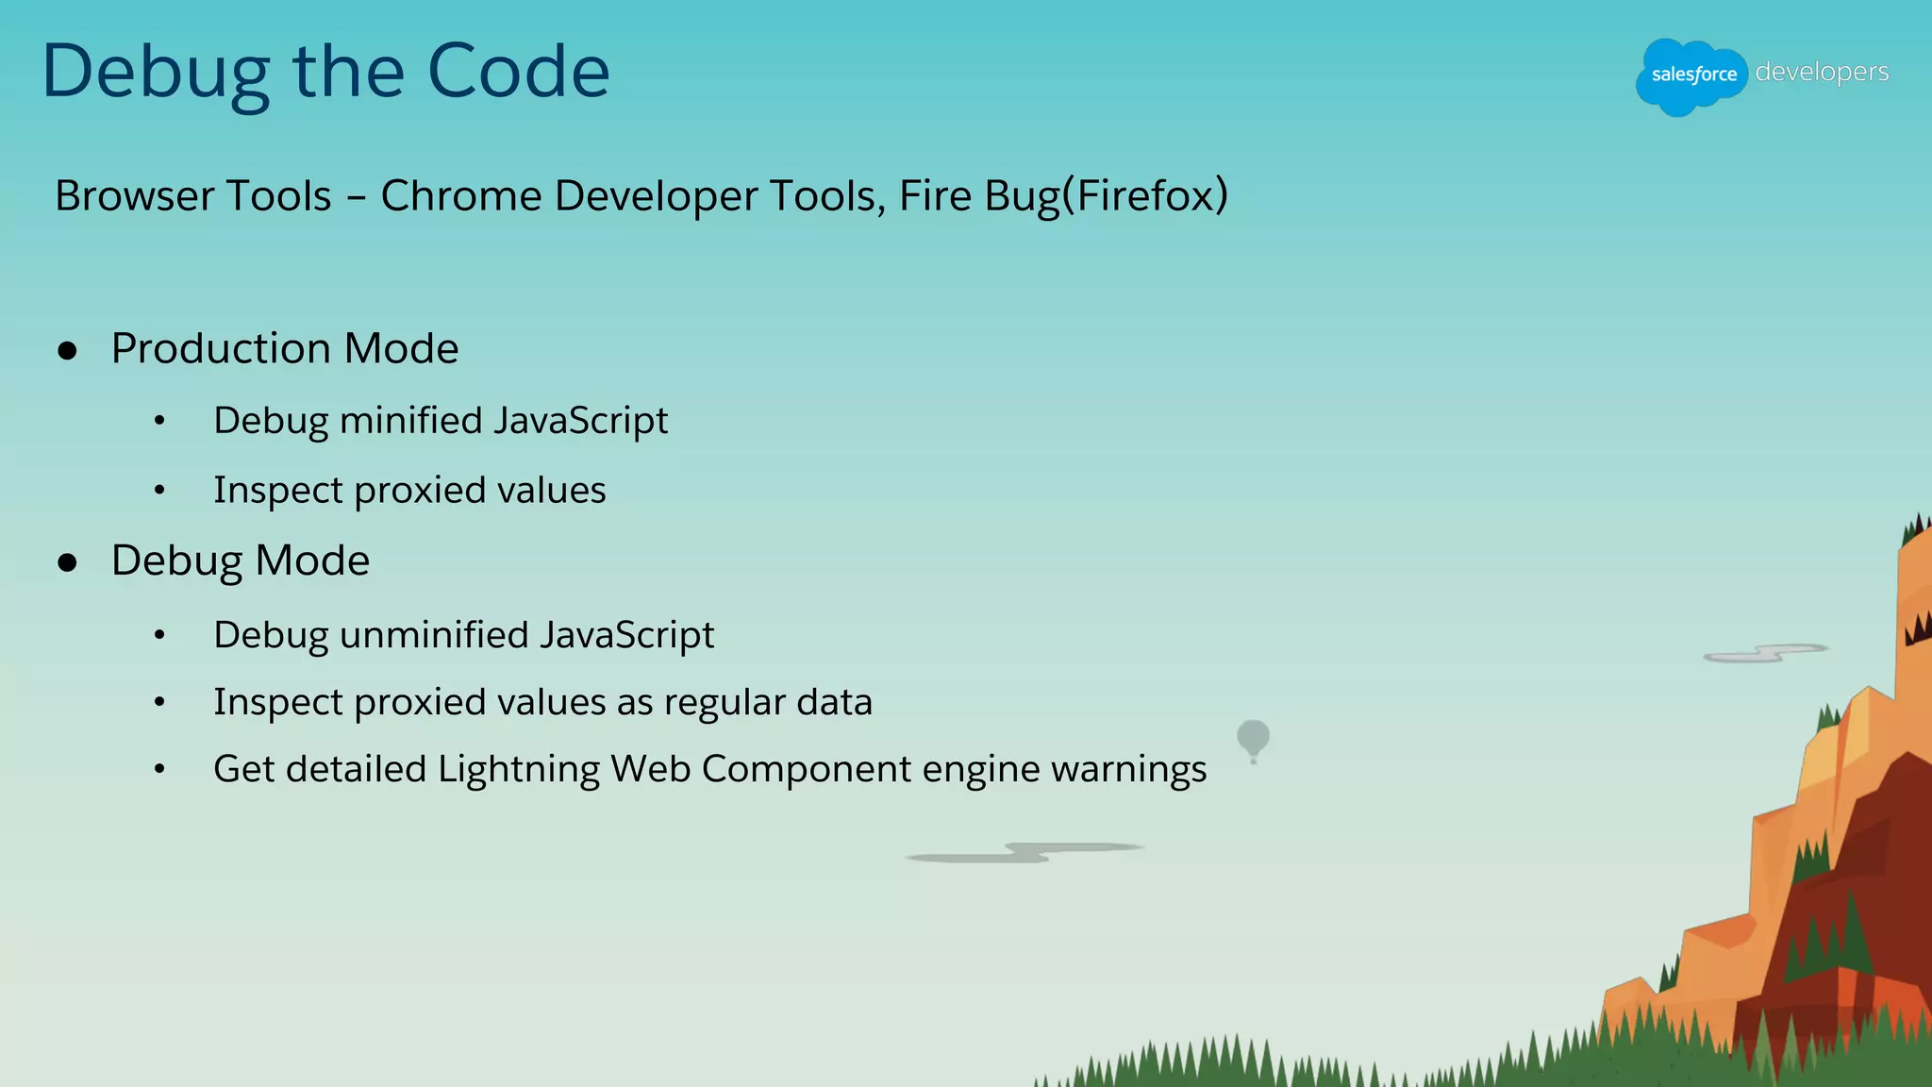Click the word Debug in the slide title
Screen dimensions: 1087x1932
point(157,74)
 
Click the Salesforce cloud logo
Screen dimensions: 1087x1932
point(1691,75)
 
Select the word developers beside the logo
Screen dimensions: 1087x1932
point(1822,72)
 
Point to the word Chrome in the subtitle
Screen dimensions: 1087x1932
point(460,196)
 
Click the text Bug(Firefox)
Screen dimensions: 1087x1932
point(1106,196)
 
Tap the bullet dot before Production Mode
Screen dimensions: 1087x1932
point(67,351)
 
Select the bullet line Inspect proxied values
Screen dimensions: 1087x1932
point(409,491)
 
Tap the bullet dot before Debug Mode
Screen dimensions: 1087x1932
point(67,563)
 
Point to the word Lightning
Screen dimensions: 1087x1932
point(519,770)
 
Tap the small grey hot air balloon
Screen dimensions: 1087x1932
point(1253,738)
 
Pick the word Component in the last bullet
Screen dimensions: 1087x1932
point(807,770)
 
